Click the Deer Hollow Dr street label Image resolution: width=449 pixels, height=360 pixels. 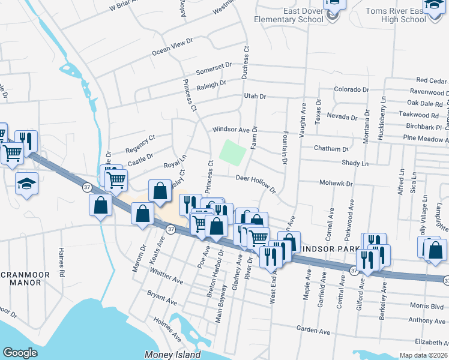[x=255, y=182]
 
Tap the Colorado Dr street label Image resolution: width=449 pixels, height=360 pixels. [x=351, y=89]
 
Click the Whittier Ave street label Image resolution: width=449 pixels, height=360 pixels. [x=167, y=277]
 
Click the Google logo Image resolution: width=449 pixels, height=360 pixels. [x=20, y=353]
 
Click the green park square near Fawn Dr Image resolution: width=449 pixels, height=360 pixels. [x=233, y=151]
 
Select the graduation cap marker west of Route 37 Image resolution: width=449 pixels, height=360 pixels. [x=26, y=185]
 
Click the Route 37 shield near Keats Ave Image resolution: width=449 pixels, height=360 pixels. [x=171, y=229]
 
